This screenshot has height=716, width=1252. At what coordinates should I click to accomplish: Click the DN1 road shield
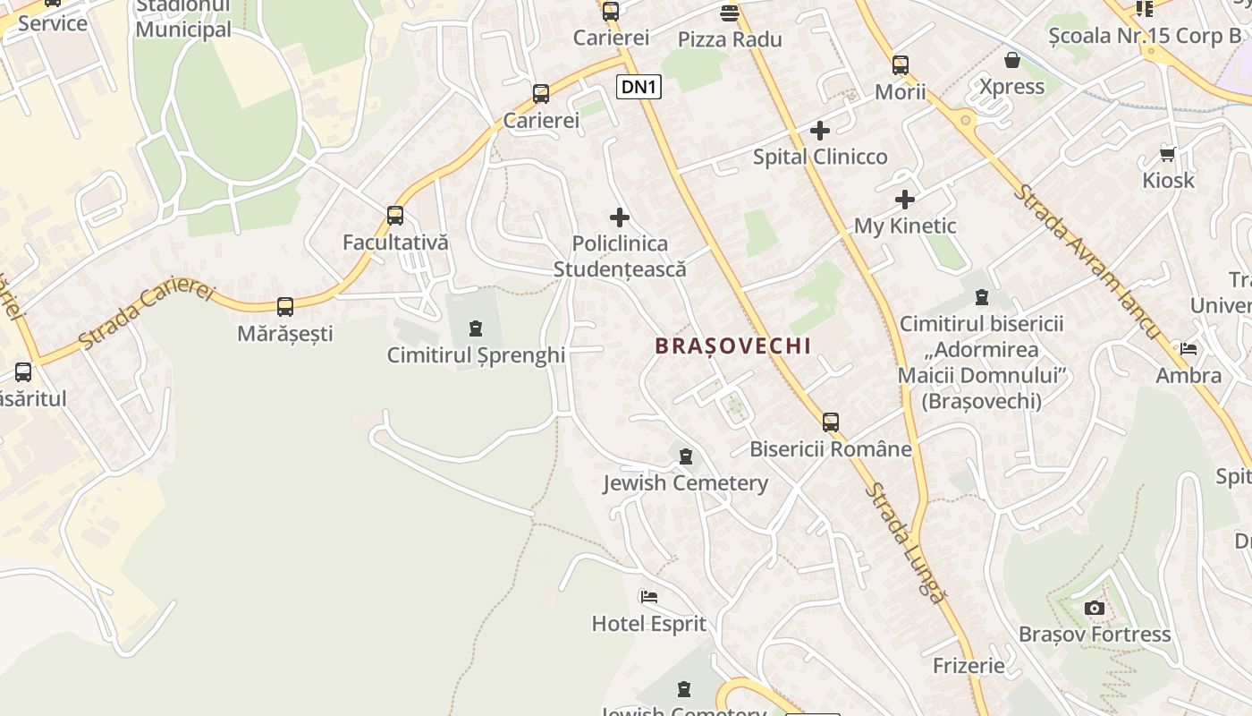point(639,87)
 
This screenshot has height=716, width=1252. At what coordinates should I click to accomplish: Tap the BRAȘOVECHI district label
point(733,345)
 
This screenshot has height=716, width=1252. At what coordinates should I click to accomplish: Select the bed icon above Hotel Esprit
point(649,596)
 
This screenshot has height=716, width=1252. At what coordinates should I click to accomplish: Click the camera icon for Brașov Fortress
point(1094,609)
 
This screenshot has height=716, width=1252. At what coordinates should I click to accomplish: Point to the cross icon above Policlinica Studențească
point(619,217)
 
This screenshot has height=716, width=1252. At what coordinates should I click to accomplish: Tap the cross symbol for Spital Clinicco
point(819,131)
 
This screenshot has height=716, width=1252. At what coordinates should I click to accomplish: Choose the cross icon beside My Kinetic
point(905,199)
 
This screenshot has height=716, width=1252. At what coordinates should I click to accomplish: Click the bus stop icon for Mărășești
point(285,307)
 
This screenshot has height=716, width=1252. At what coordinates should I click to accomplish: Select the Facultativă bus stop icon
point(395,216)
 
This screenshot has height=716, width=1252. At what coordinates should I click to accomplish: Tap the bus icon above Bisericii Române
point(831,422)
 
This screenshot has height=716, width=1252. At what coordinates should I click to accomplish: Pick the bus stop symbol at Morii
point(901,65)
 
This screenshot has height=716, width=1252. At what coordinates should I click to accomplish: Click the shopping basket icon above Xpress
point(1012,60)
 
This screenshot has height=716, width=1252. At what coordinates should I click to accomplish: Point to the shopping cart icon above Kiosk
point(1168,154)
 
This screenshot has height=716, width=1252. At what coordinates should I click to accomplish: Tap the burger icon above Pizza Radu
point(730,13)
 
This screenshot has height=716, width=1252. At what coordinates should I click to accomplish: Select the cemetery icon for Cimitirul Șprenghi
point(476,328)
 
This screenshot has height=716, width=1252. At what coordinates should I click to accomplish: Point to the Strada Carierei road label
point(148,316)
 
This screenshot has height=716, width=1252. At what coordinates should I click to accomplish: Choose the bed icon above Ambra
point(1189,348)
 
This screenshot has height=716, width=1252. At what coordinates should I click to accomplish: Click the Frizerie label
point(969,666)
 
